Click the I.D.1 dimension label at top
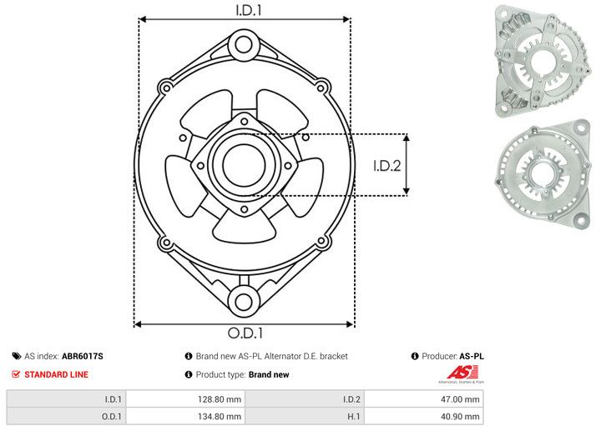coord(244,11)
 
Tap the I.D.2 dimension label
coord(387,165)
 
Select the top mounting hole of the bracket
coord(244,43)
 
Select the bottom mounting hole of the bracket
coord(244,301)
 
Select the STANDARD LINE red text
coord(56,375)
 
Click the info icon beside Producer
coord(414,356)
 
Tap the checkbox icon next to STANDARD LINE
coord(16,375)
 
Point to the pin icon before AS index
coord(16,356)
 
